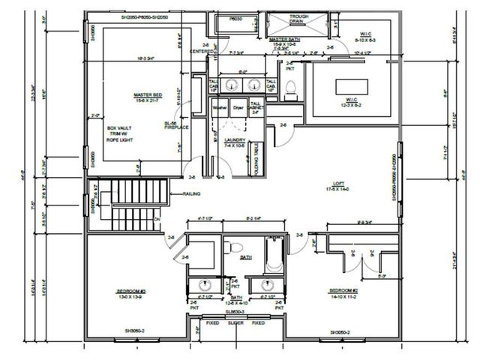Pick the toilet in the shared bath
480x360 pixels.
pos(235,247)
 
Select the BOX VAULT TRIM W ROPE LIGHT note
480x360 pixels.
pos(122,133)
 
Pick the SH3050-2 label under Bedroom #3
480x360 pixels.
pos(135,331)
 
